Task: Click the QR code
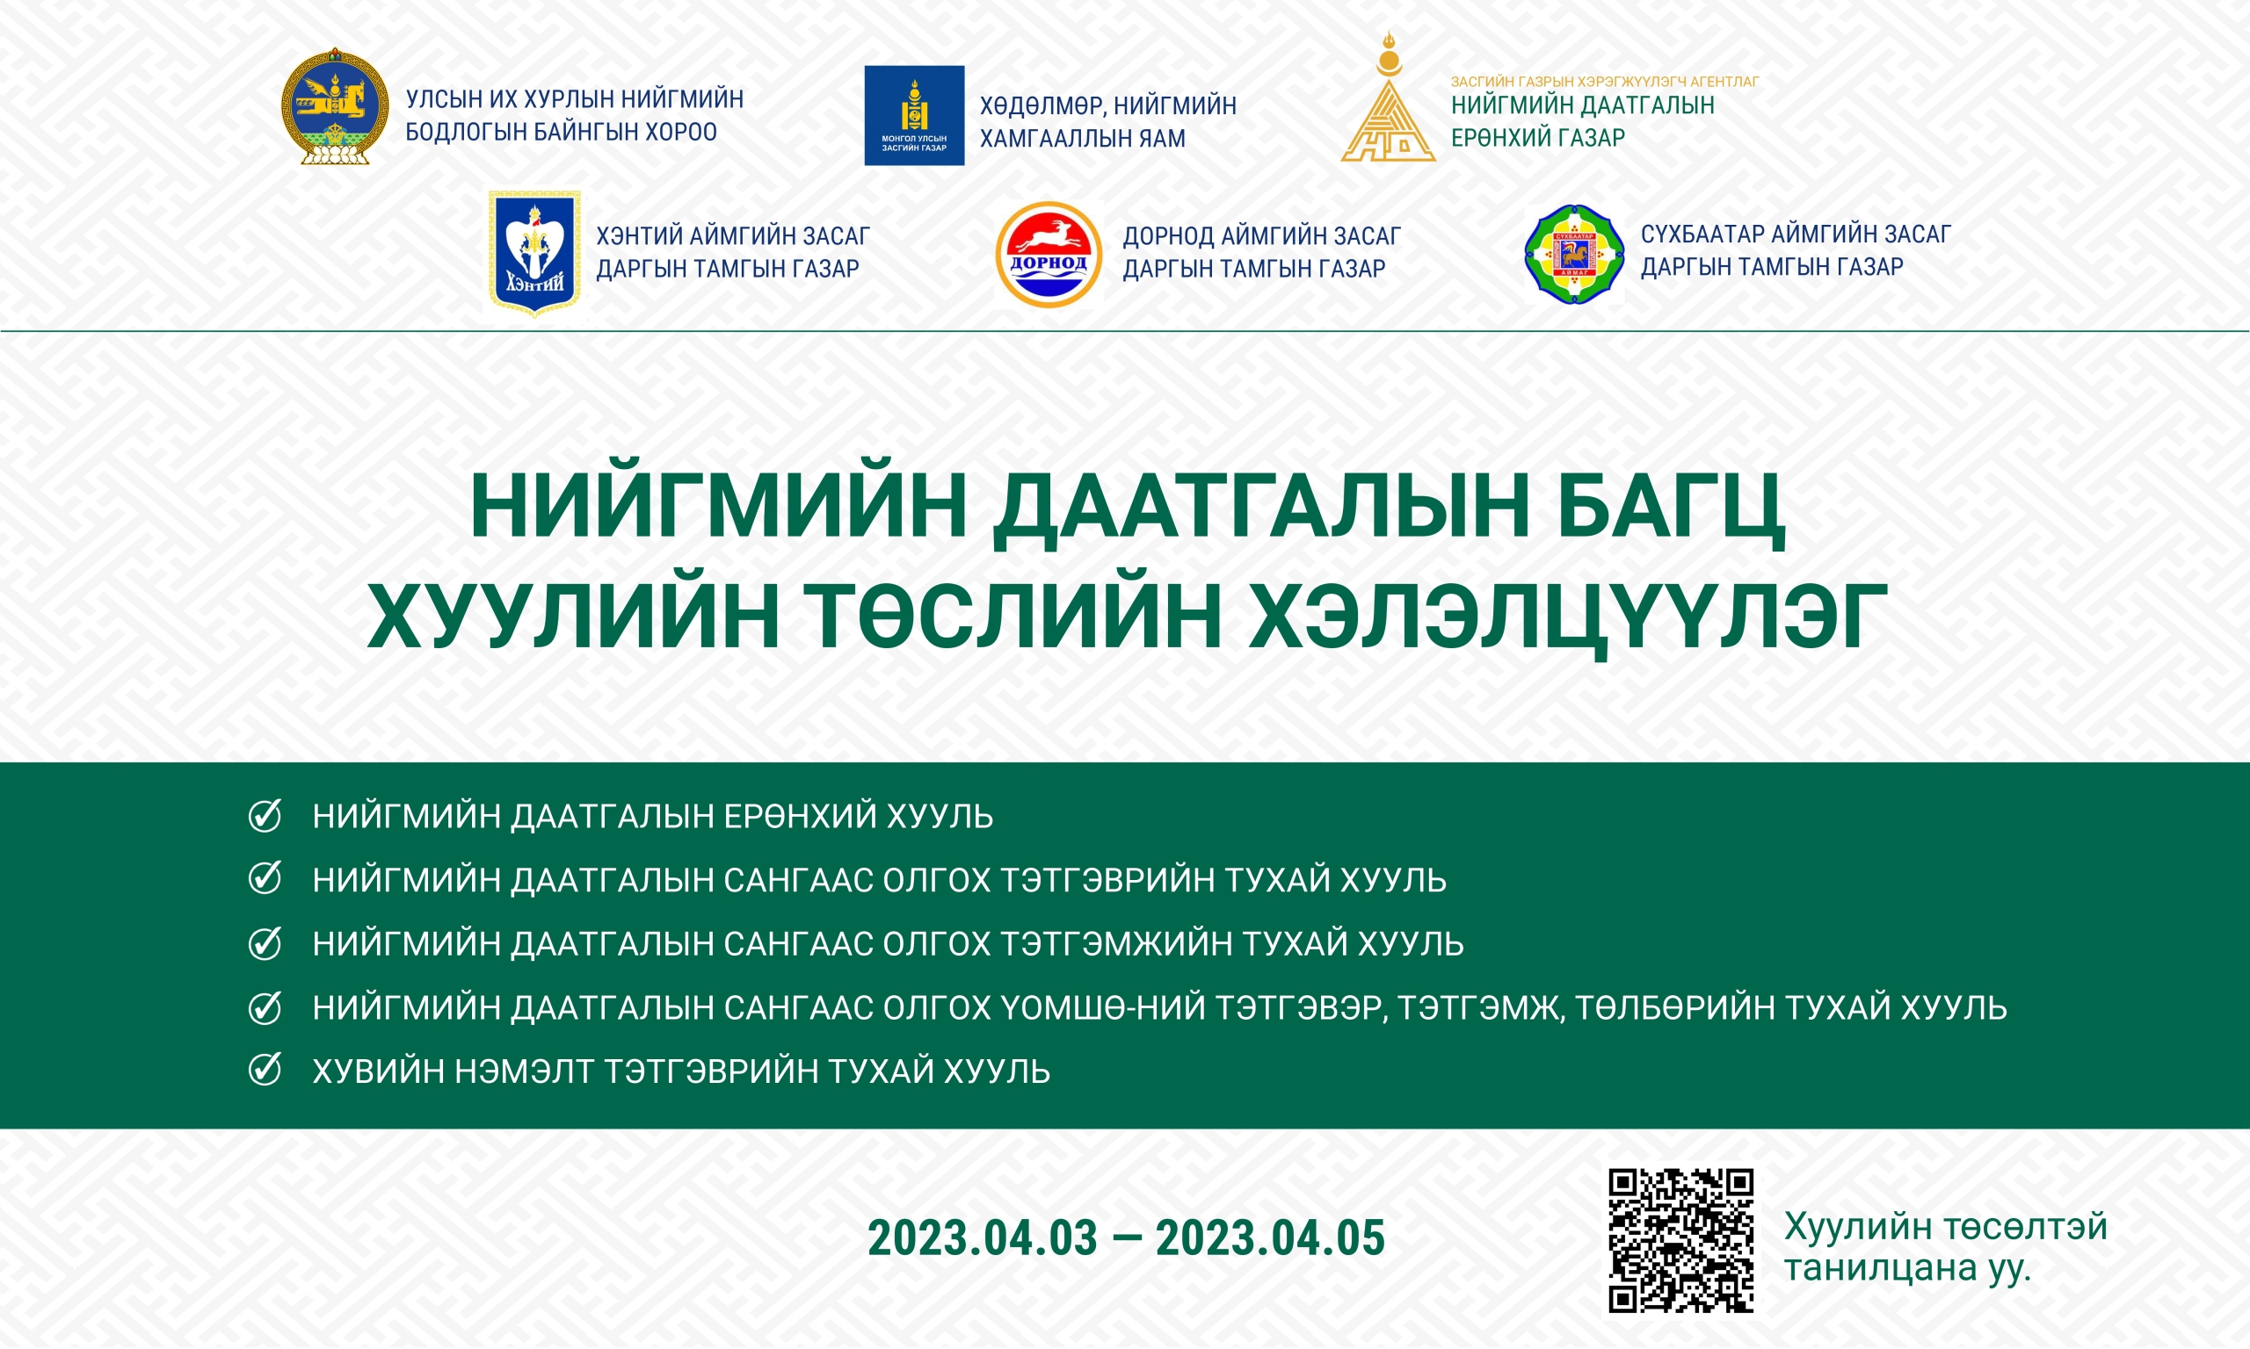coord(1680,1241)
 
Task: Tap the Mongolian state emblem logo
coord(335,106)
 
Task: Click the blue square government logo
coord(914,115)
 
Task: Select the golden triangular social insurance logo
coord(1388,97)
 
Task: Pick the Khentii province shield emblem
coord(533,254)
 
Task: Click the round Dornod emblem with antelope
coord(1049,255)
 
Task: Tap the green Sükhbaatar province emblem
coord(1573,255)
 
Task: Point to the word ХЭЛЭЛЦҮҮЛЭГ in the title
coord(1568,617)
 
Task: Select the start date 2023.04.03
coord(983,1238)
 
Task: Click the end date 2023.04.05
coord(1271,1238)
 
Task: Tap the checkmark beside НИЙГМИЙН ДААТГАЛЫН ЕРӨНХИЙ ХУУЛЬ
coord(265,815)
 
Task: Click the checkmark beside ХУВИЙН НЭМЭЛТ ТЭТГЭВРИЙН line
coord(265,1070)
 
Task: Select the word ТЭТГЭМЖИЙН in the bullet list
coord(1115,944)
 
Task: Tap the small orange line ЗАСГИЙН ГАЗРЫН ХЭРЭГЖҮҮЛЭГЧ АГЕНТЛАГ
coord(1605,82)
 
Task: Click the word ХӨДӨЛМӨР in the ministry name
coord(1042,107)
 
